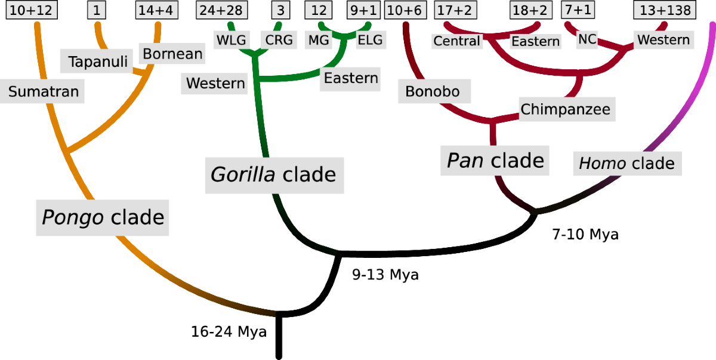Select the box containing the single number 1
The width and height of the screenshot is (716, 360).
tap(97, 10)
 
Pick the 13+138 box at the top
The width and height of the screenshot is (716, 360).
tap(665, 10)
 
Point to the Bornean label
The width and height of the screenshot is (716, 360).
tap(172, 54)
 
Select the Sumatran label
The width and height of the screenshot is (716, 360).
tap(44, 92)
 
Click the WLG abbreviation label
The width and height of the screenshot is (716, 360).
tap(232, 40)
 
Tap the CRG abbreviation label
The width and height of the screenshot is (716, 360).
tap(279, 40)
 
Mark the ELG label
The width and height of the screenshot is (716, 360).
tap(370, 40)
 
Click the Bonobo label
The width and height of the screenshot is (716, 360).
tap(434, 91)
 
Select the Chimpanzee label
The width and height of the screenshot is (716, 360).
tap(565, 109)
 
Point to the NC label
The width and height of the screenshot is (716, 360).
tap(587, 39)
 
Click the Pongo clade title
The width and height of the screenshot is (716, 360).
tap(102, 217)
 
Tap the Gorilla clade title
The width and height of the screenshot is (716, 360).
tap(274, 175)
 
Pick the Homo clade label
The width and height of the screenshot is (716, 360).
tap(627, 163)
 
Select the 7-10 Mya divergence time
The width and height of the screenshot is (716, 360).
tap(585, 235)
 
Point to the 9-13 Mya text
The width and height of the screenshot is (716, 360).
tap(385, 275)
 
